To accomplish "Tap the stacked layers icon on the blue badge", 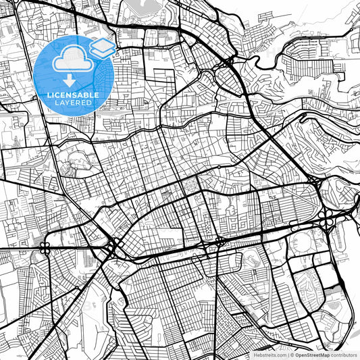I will point(102,48).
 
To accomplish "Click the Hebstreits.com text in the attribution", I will point(269,355).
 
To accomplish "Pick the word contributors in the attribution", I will point(344,355).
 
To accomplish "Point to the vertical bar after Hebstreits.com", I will point(288,355).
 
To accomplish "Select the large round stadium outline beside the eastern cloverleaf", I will point(301,242).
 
